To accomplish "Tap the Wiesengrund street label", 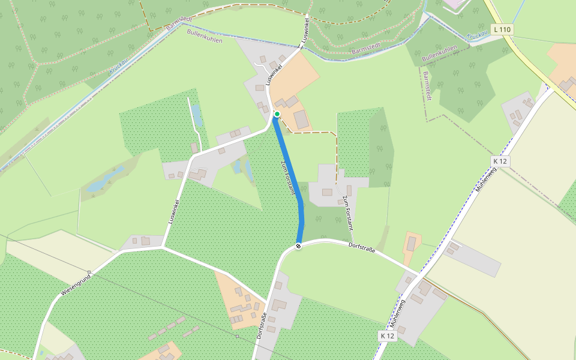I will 76,284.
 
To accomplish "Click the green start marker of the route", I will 277,113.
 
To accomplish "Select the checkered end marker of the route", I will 298,245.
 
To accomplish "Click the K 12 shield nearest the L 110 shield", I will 500,161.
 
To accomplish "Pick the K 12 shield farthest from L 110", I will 388,336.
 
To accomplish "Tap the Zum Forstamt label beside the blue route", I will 288,177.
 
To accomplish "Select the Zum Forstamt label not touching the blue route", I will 347,213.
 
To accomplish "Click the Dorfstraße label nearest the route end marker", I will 362,247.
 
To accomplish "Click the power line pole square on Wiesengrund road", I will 89,272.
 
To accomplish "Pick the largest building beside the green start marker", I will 301,119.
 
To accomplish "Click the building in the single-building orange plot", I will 412,244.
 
